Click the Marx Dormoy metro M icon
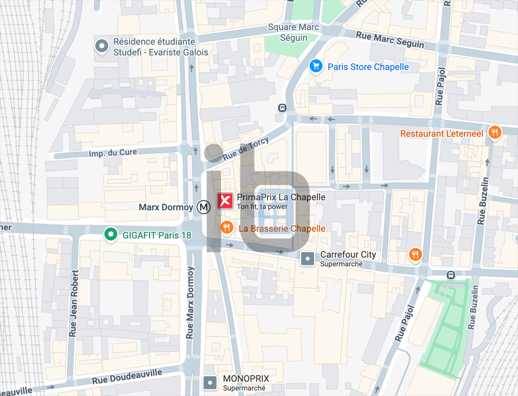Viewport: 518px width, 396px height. (204, 207)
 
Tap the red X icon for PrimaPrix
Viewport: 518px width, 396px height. (225, 201)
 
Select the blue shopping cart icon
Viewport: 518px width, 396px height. (316, 66)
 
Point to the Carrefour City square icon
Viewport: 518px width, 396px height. (308, 259)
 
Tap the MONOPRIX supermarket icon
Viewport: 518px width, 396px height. (210, 383)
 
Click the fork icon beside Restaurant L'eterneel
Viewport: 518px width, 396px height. (495, 133)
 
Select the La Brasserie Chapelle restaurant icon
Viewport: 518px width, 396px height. (227, 228)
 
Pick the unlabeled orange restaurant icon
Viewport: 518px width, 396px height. (415, 254)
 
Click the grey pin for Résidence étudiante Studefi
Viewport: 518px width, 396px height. (103, 47)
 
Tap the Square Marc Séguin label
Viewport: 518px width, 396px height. (294, 32)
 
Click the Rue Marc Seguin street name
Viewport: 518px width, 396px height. (390, 39)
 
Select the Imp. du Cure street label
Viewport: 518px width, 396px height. (113, 153)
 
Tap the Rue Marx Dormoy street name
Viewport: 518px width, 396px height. (190, 302)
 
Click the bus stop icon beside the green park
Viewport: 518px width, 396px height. (450, 275)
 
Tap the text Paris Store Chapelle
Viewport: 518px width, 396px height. (368, 67)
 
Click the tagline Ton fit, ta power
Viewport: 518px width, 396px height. (262, 206)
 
